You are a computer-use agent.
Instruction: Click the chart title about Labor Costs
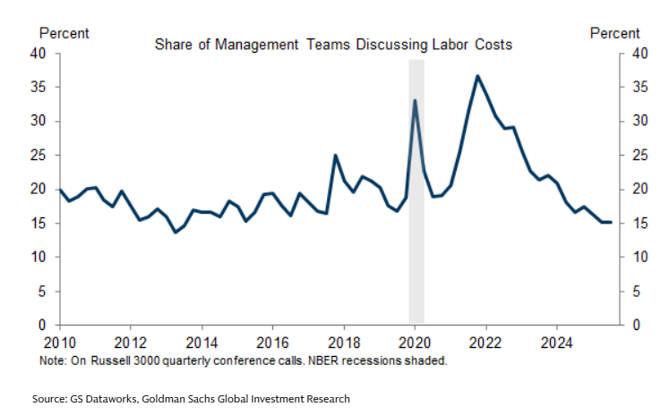point(333,44)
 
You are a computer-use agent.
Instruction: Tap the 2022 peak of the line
point(477,76)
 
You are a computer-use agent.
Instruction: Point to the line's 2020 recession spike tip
point(415,100)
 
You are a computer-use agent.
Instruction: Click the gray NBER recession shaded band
point(416,268)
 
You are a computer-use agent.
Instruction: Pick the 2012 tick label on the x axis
point(130,342)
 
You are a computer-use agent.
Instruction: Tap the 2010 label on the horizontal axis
point(59,342)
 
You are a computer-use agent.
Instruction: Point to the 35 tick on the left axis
point(39,87)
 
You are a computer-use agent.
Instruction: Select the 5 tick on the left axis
point(42,292)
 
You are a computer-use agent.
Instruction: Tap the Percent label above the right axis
point(614,33)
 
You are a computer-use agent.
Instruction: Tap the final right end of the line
point(611,222)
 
